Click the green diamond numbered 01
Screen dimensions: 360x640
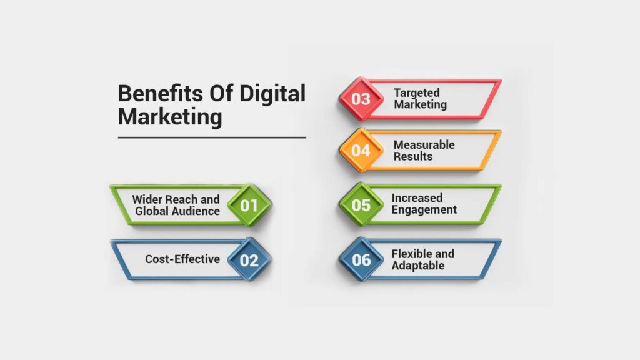[x=249, y=205]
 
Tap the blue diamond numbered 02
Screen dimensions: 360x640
[x=249, y=259]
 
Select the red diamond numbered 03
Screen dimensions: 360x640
[x=361, y=99]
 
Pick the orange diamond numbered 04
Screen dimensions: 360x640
[x=361, y=151]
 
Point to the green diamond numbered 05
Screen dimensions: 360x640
[x=361, y=205]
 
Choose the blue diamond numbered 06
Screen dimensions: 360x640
[x=361, y=259]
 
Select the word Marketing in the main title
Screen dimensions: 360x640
[x=170, y=116]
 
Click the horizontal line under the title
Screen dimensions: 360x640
[x=212, y=137]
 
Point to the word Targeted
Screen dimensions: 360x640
[x=417, y=93]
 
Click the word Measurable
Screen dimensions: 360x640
[x=424, y=145]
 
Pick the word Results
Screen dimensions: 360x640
[x=412, y=156]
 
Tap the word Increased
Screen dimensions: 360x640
[x=417, y=199]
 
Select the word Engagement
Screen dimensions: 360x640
[x=424, y=210]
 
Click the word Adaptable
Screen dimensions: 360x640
[x=418, y=266]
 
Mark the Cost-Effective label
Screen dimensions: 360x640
[x=182, y=259]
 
